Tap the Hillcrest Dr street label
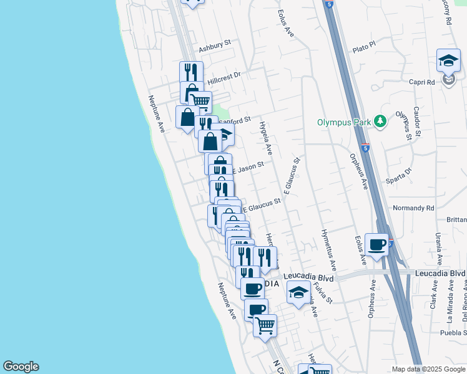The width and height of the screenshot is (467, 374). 224,77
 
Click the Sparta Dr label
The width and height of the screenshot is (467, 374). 400,174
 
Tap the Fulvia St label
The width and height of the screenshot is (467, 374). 323,291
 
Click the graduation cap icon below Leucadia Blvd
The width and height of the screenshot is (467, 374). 299,292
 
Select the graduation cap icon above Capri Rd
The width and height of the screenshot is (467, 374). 448,60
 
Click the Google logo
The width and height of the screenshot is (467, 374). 21,367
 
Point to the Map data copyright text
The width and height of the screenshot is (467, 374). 428,369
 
